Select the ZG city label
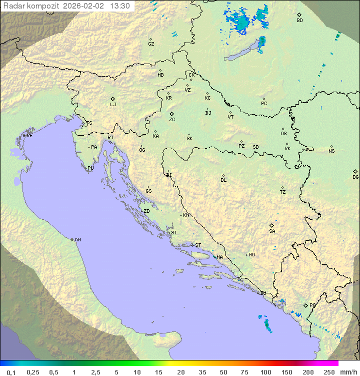[172, 120]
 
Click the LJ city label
[113, 105]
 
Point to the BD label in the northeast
[299, 21]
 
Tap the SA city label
[272, 231]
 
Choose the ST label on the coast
[198, 245]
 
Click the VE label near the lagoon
[29, 136]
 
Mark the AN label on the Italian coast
[77, 240]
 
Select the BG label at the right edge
[355, 177]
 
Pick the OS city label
[283, 134]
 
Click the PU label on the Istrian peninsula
[90, 168]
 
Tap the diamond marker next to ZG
[171, 114]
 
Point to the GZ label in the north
[151, 44]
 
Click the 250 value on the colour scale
[329, 372]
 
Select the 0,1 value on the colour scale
[11, 372]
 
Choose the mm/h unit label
[348, 372]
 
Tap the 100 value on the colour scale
[265, 372]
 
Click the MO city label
[251, 255]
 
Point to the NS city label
[331, 151]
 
